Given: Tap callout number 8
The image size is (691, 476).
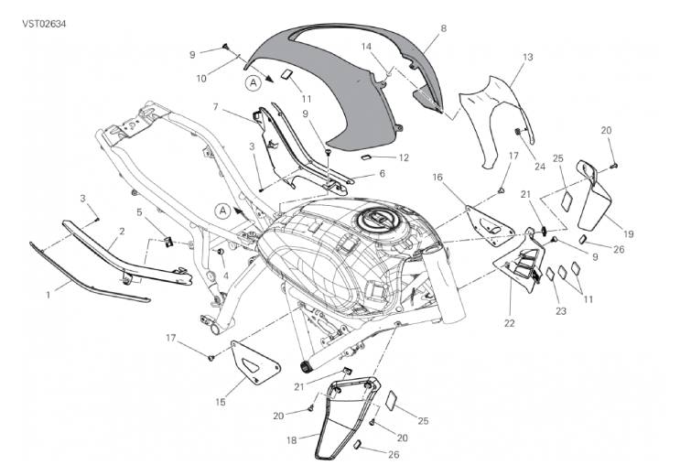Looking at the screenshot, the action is coord(443,28).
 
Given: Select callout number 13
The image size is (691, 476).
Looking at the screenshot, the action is coord(527,58).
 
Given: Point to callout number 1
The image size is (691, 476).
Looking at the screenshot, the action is coord(49,296).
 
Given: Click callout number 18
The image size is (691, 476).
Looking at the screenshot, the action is coord(291,440).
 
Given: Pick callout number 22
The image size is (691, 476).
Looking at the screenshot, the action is coord(509,323).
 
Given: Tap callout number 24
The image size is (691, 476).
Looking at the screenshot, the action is coord(540,167).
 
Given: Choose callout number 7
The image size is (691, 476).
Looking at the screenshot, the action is coord(215,107).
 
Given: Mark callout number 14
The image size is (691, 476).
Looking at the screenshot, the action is coord(366,47).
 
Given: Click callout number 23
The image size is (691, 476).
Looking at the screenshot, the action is coord(560,311).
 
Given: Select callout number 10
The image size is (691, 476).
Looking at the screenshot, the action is coord(201,79).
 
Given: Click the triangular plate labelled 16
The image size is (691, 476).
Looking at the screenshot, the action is coord(489,226).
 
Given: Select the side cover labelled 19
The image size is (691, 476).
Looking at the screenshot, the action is coord(594,197).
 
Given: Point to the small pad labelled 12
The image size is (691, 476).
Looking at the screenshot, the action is coord(367,157).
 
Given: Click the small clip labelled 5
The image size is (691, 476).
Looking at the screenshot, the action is coord(167,241).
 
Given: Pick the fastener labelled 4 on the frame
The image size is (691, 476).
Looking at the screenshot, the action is coord(220,252).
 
